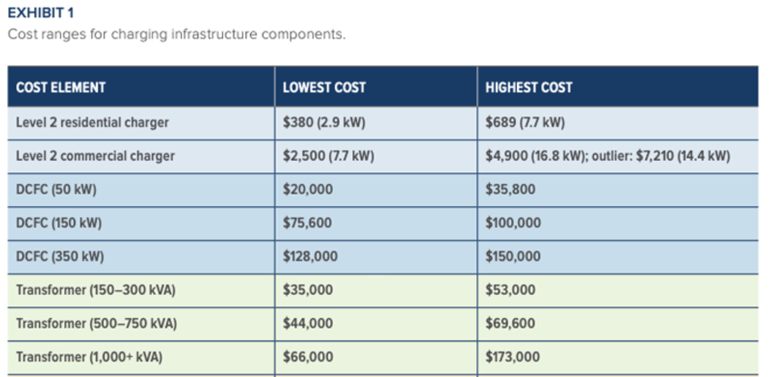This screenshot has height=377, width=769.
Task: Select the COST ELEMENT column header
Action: point(61,87)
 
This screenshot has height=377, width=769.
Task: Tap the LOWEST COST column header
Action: point(324,87)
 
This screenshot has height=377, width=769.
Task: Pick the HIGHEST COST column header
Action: point(528,87)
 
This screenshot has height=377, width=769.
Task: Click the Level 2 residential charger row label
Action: point(92,123)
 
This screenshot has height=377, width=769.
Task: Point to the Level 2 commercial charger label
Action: point(95,156)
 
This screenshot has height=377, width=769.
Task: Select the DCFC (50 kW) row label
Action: point(56,190)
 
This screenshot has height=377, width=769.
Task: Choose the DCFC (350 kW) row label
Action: point(60,257)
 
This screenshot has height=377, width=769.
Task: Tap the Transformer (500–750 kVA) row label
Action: point(96,323)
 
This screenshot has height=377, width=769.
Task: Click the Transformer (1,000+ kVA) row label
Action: point(89,357)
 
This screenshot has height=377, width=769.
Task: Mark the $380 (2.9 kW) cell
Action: point(324,123)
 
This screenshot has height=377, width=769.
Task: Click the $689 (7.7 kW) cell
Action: point(525,123)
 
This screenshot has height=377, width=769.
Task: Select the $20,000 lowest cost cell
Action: point(308,190)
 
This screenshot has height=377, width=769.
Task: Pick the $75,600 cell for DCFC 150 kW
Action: point(307,223)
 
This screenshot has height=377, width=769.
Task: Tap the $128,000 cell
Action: point(311,257)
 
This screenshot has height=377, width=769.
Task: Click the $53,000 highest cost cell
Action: point(510,290)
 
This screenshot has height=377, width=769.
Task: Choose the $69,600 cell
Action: point(510,323)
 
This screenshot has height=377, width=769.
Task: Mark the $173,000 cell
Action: point(512,357)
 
